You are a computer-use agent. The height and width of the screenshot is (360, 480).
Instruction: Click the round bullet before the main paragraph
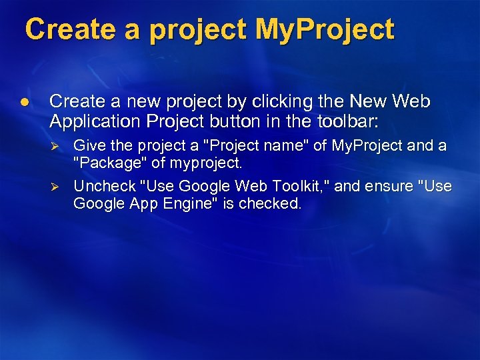click(x=25, y=102)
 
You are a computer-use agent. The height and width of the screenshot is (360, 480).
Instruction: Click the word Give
click(x=89, y=145)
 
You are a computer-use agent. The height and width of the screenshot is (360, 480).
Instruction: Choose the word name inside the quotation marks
click(x=273, y=145)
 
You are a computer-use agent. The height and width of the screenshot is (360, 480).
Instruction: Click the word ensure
click(x=387, y=185)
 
